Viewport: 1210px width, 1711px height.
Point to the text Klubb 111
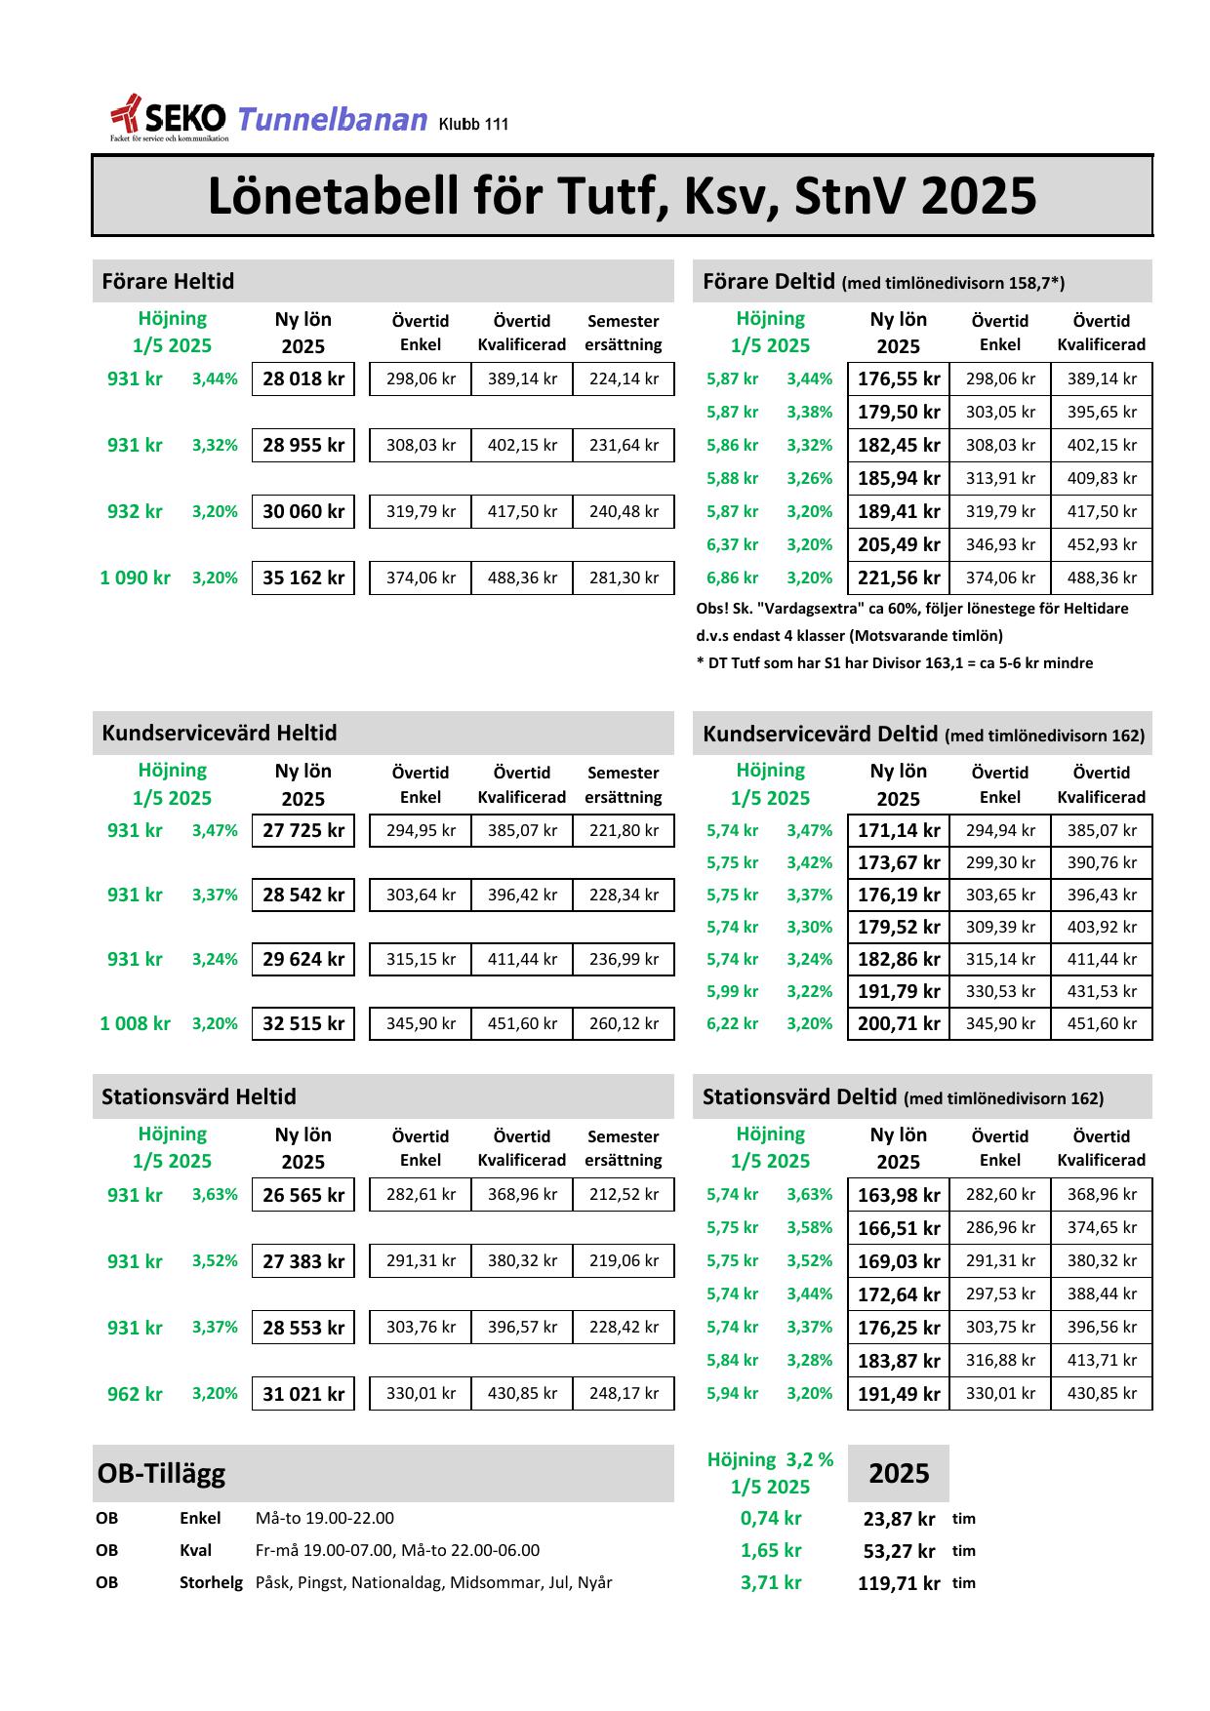473,125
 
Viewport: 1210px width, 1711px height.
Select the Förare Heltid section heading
168,282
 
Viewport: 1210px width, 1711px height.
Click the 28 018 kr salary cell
303,379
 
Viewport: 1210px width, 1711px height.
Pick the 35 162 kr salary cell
303,578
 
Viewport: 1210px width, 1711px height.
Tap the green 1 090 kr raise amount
135,578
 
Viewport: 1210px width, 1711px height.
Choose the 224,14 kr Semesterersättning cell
624,379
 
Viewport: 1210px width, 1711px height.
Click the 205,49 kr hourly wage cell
899,545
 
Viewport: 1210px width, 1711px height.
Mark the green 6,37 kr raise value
732,545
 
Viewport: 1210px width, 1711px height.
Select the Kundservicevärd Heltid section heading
220,734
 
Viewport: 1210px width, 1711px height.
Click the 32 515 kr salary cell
303,1024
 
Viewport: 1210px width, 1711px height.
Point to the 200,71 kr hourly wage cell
899,1024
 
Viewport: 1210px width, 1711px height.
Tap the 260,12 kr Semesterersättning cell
624,1024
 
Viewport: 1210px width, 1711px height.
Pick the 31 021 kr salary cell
303,1394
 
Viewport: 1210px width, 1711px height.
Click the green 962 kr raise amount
135,1394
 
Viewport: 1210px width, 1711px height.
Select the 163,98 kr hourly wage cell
899,1195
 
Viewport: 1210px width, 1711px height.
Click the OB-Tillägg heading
161,1474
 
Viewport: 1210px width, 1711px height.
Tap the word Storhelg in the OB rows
211,1583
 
